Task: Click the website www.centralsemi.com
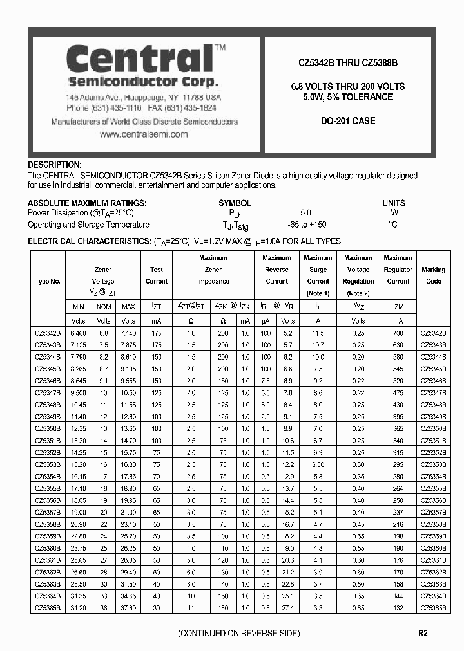coord(144,134)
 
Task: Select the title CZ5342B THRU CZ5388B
coord(347,64)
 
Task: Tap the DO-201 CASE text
coord(347,121)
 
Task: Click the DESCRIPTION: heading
coord(55,165)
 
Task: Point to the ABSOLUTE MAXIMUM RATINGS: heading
coord(87,203)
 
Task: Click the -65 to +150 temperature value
coord(306,225)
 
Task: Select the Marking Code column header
coord(433,275)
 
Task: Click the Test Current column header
coord(157,275)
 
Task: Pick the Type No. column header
coord(48,281)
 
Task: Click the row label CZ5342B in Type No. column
coord(48,333)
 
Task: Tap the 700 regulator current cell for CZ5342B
coord(398,333)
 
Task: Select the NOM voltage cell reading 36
coord(103,607)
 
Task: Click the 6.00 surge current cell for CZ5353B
coord(318,464)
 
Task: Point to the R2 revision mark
coord(422,634)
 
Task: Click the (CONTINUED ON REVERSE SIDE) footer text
coord(238,634)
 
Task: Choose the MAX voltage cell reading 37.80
coord(128,607)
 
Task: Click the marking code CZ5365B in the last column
coord(433,607)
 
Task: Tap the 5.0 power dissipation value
coord(305,213)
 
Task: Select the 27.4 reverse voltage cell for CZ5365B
coord(287,607)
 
